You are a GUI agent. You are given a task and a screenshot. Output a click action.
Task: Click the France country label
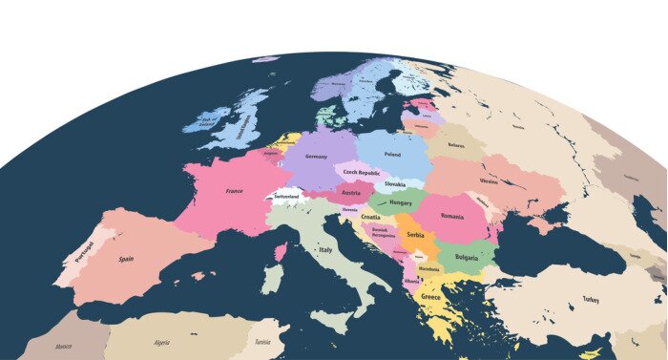[x=234, y=191]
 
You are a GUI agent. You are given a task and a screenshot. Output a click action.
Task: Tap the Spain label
[x=126, y=259]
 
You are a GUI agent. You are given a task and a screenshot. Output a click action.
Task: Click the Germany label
[x=317, y=157]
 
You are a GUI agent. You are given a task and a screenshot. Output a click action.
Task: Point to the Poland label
[x=392, y=153]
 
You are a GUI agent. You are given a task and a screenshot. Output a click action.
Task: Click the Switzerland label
[x=286, y=197]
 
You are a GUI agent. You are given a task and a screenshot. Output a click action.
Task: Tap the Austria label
[x=350, y=192]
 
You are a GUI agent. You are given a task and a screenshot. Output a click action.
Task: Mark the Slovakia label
[x=395, y=183]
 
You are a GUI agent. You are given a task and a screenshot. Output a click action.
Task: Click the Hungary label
[x=401, y=202]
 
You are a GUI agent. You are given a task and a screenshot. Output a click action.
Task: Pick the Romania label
[x=451, y=216]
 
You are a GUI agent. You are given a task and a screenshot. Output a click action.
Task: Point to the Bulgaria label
[x=467, y=258]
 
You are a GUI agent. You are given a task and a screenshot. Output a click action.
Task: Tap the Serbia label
[x=415, y=234]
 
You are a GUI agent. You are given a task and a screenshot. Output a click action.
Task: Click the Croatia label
[x=370, y=217]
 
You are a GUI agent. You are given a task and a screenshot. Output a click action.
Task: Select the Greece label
[x=431, y=298]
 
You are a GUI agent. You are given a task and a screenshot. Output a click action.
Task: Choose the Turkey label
[x=591, y=300]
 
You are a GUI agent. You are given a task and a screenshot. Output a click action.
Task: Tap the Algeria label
[x=162, y=342]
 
